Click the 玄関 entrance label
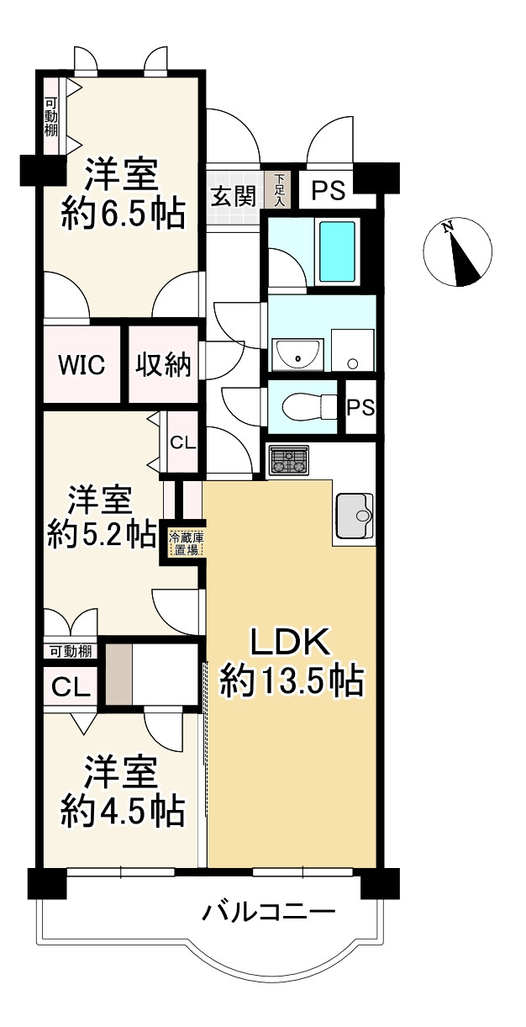(233, 196)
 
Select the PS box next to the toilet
(361, 407)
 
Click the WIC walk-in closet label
(82, 365)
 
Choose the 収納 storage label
(164, 365)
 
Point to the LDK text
(291, 644)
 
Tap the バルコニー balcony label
(270, 912)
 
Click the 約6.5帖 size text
(122, 216)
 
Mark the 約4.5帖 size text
(123, 809)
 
